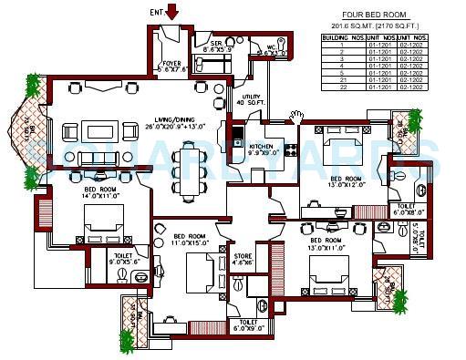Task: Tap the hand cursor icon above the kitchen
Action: click(x=295, y=116)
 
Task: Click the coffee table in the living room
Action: click(x=98, y=156)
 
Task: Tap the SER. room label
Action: click(x=220, y=46)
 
